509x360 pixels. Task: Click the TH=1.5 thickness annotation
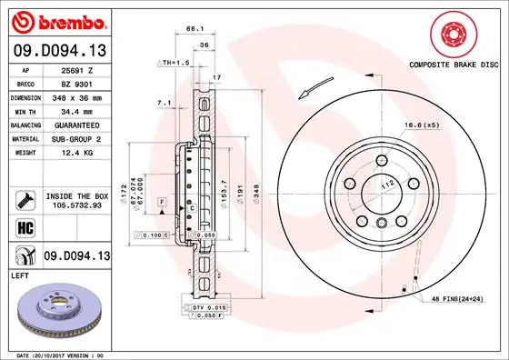tap(173, 62)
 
